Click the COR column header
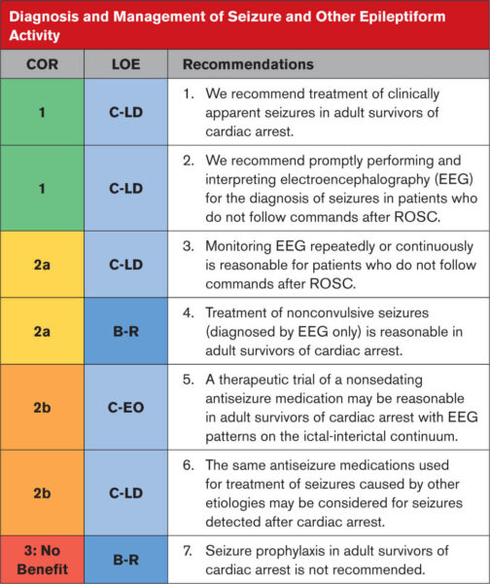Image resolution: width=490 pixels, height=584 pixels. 42,64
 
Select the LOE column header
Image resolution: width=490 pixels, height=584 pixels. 125,64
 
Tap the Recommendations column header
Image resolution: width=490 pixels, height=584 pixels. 248,64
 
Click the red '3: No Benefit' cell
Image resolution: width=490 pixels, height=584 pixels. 42,555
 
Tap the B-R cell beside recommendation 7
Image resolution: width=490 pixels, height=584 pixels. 125,555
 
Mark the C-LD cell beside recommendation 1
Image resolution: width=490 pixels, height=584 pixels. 125,113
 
